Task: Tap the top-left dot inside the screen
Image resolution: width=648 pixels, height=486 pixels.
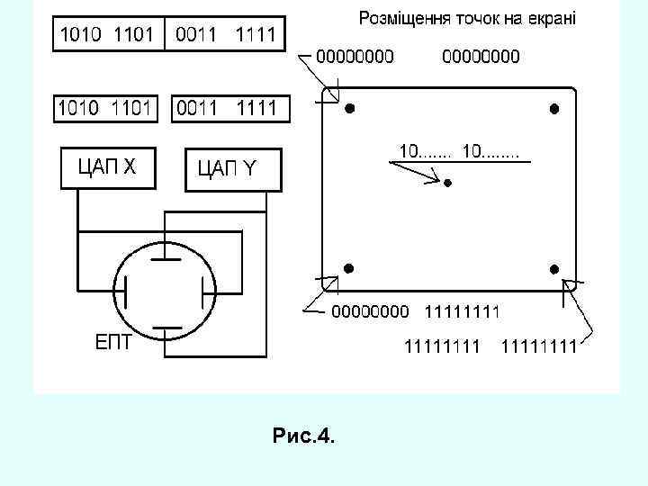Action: (x=350, y=109)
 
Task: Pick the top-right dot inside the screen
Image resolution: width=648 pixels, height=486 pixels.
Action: (x=554, y=109)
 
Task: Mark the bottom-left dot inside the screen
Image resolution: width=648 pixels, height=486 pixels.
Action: (x=348, y=267)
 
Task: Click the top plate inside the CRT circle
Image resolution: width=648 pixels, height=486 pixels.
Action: (x=165, y=258)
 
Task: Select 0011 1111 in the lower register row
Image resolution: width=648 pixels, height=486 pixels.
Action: (x=232, y=109)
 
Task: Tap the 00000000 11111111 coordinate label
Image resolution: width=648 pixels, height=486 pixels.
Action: (x=416, y=312)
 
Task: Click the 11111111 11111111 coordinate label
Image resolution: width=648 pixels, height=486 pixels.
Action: (x=490, y=345)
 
